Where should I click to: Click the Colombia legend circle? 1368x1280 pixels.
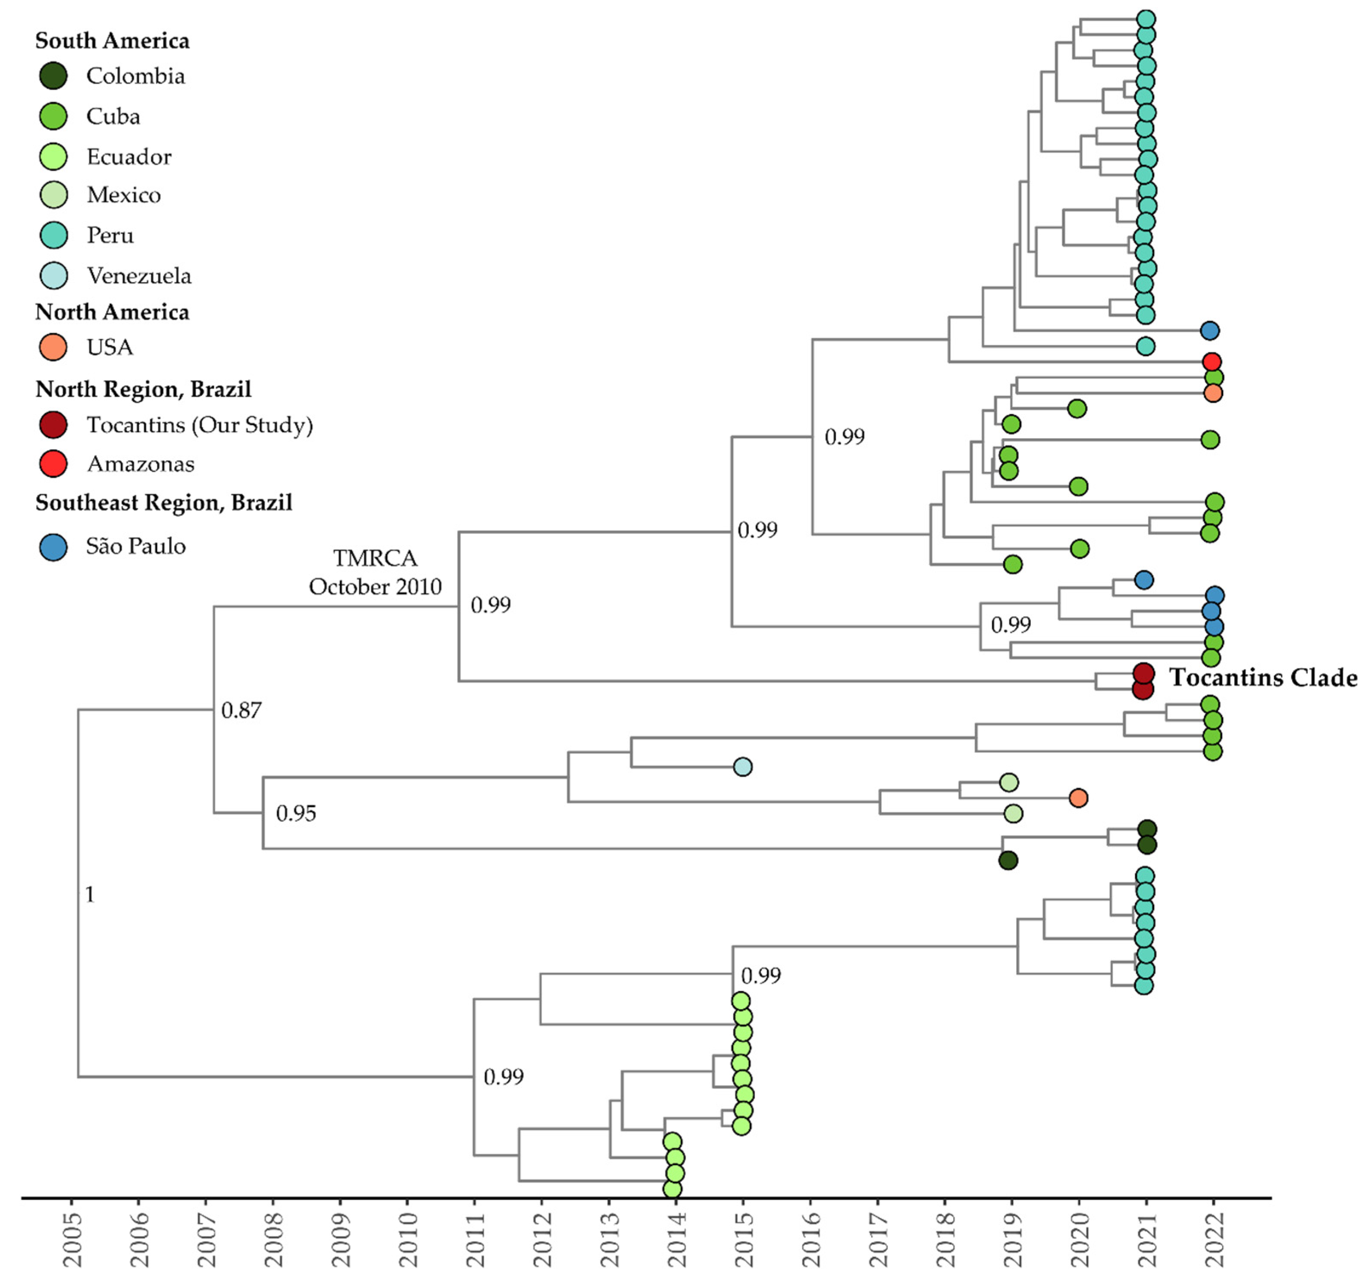point(53,76)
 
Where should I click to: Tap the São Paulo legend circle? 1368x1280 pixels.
point(53,547)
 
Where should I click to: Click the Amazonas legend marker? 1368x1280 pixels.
point(53,464)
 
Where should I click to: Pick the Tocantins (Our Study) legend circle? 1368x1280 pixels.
point(53,425)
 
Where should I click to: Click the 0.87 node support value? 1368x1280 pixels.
point(241,710)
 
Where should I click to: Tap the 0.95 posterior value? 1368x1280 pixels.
point(296,813)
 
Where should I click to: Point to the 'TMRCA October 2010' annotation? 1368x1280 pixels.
point(375,572)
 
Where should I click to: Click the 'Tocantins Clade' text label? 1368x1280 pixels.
point(1263,678)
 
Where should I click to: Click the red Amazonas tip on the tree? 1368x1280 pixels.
point(1212,361)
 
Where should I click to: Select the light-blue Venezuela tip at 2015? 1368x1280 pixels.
point(742,767)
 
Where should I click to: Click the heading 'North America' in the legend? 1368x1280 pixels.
point(112,312)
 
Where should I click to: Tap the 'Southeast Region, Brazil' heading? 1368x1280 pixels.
point(164,503)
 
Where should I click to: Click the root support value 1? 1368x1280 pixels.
point(89,894)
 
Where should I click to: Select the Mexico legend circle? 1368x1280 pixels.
point(53,195)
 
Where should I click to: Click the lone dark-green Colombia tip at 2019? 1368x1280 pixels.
point(1008,860)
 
